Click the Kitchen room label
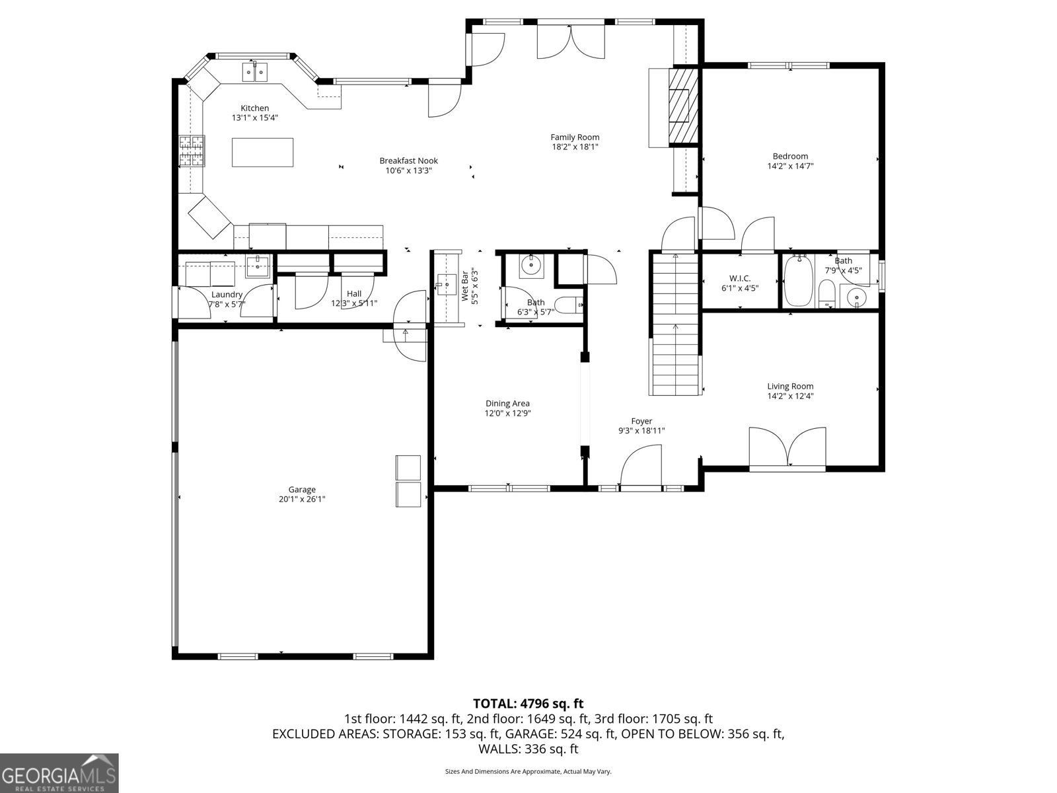pos(254,108)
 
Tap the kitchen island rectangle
pos(262,152)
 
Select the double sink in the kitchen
pos(254,71)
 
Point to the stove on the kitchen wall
pos(192,151)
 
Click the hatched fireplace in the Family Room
pos(683,106)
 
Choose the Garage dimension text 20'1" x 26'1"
pos(302,500)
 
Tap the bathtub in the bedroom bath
pos(797,282)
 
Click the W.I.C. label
pos(739,278)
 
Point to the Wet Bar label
pos(464,286)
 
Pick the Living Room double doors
pos(787,449)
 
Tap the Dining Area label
pos(507,403)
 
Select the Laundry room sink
pos(257,267)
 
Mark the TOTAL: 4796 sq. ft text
pos(528,704)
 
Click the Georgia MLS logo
pos(59,773)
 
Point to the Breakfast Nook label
pos(408,161)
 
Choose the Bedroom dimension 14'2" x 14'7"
pos(790,167)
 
